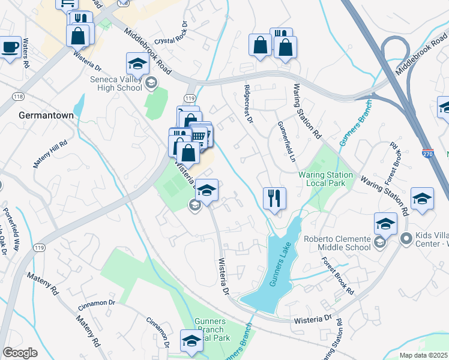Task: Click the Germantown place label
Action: point(46,115)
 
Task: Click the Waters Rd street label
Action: point(26,50)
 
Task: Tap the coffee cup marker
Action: point(10,47)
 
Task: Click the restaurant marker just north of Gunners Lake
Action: point(274,197)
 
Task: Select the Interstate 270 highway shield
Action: point(427,153)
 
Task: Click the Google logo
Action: point(20,353)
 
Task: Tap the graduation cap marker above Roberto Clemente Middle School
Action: point(385,224)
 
